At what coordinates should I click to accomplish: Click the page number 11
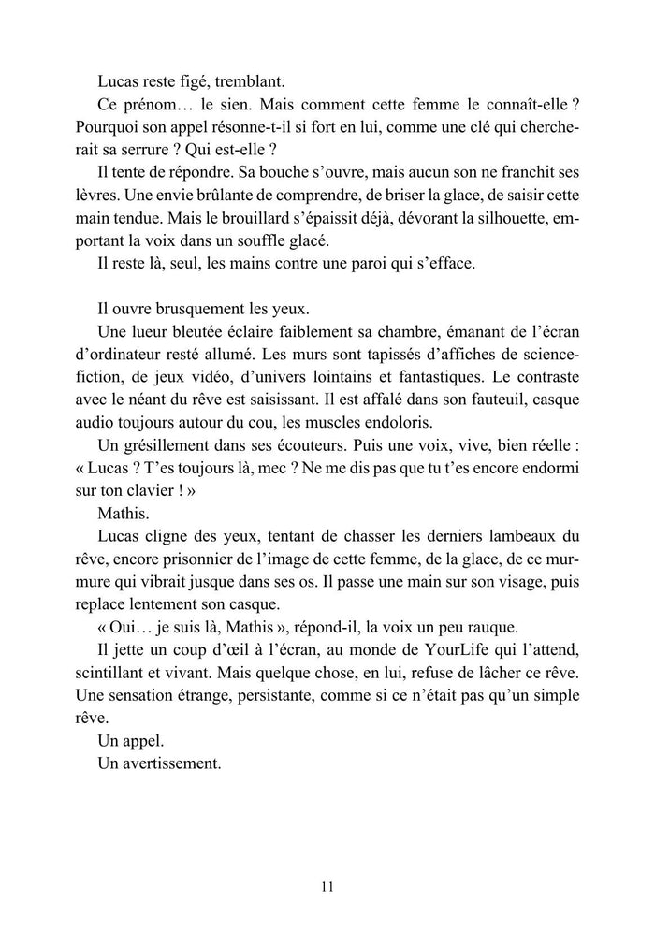click(x=327, y=887)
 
